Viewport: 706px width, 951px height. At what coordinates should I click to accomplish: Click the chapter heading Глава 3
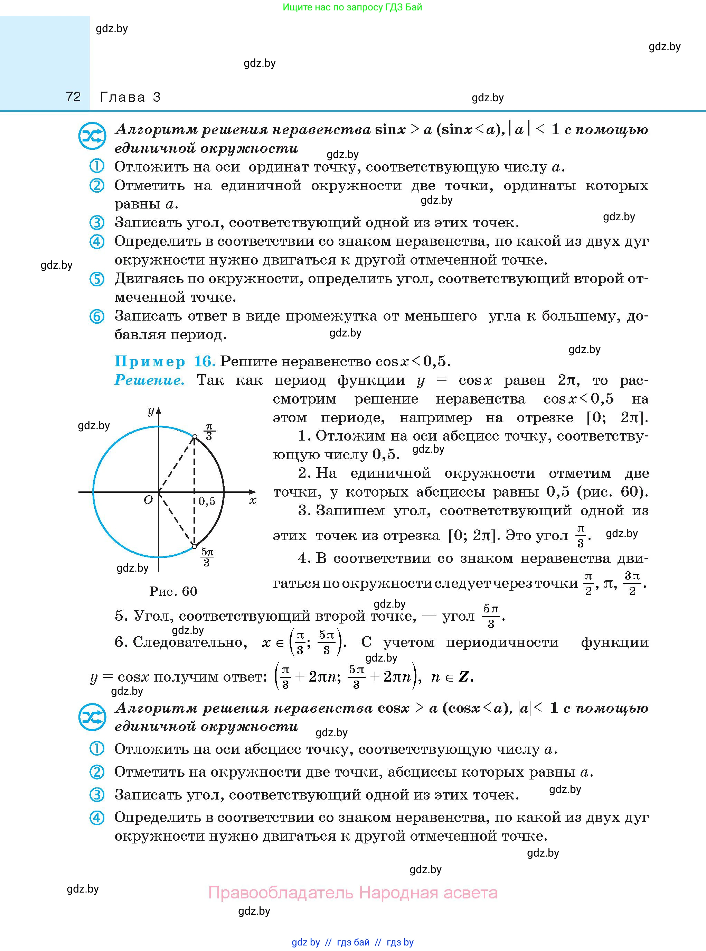[130, 97]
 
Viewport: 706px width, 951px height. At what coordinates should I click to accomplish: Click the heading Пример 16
[164, 361]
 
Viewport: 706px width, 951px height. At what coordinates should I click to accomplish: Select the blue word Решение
[150, 380]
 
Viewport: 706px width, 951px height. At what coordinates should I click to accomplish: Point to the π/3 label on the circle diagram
[209, 432]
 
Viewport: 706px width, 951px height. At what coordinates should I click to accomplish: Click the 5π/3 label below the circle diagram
[207, 557]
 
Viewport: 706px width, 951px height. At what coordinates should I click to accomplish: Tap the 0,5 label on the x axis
[207, 501]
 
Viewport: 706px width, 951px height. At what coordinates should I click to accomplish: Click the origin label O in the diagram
[148, 500]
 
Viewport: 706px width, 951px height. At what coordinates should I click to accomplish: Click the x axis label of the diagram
[253, 500]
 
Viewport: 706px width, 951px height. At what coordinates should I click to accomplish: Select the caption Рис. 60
[173, 591]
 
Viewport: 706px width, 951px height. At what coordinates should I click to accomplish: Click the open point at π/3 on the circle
[195, 436]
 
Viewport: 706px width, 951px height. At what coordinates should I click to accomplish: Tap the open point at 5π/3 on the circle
[195, 546]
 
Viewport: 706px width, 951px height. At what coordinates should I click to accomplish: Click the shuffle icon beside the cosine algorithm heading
[92, 717]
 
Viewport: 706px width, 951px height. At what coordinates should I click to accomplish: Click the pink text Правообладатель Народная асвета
[352, 893]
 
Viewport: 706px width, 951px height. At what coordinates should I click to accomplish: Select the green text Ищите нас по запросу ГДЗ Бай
[352, 7]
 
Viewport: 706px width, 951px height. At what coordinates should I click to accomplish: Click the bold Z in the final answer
[463, 677]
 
